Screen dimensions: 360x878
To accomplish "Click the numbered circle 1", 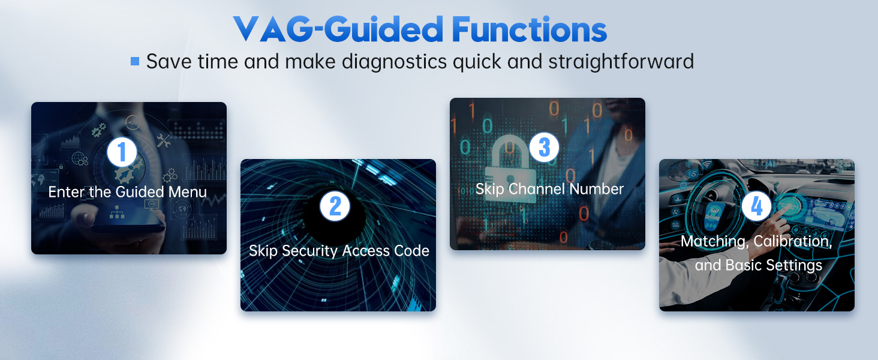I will coord(122,152).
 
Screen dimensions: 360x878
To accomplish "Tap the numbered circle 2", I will coord(335,206).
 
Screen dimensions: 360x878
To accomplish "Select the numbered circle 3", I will coord(545,148).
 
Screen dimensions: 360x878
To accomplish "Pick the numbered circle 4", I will coord(757,207).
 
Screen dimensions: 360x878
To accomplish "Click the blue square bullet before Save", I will coord(135,61).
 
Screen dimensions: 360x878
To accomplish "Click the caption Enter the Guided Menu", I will coord(127,192).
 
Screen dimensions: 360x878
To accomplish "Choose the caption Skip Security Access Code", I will coord(339,251).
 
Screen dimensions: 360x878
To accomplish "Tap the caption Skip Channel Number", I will coord(549,189).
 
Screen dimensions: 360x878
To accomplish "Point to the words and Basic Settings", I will coord(758,265).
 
